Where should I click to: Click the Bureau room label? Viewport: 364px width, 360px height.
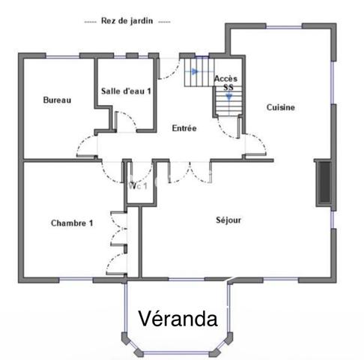tap(57, 100)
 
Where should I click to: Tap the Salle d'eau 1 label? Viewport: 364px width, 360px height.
tap(126, 91)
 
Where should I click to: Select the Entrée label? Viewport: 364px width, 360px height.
tap(184, 128)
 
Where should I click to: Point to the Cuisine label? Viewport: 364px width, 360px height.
tap(281, 107)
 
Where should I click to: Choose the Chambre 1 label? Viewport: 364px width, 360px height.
tap(72, 223)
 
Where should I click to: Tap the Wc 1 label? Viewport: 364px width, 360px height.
tap(139, 186)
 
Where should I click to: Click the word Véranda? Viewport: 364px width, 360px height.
tap(178, 319)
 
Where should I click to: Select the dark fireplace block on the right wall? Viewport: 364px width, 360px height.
tap(324, 182)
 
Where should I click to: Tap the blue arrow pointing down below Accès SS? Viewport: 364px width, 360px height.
tap(228, 97)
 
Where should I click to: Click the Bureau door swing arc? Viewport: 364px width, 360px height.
tap(85, 146)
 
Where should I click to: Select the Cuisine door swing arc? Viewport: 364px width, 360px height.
tap(255, 142)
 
